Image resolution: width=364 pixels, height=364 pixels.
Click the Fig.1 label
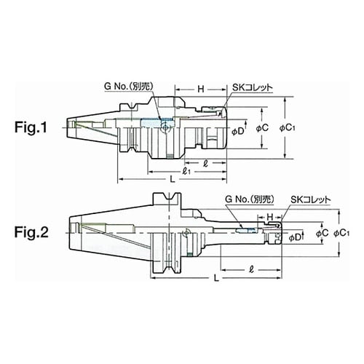(31, 127)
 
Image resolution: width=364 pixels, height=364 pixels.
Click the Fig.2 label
(31, 232)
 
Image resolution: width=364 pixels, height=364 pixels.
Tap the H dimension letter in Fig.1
(201, 90)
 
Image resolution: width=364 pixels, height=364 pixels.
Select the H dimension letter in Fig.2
(270, 217)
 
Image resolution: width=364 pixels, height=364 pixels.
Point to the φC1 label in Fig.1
(287, 128)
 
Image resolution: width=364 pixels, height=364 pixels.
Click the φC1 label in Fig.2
(341, 233)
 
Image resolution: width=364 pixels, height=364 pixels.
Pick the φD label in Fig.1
(237, 132)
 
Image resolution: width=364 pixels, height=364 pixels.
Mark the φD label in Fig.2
(295, 237)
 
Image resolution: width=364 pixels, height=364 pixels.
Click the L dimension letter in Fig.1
(172, 179)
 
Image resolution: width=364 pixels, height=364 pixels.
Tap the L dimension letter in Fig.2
(216, 277)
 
